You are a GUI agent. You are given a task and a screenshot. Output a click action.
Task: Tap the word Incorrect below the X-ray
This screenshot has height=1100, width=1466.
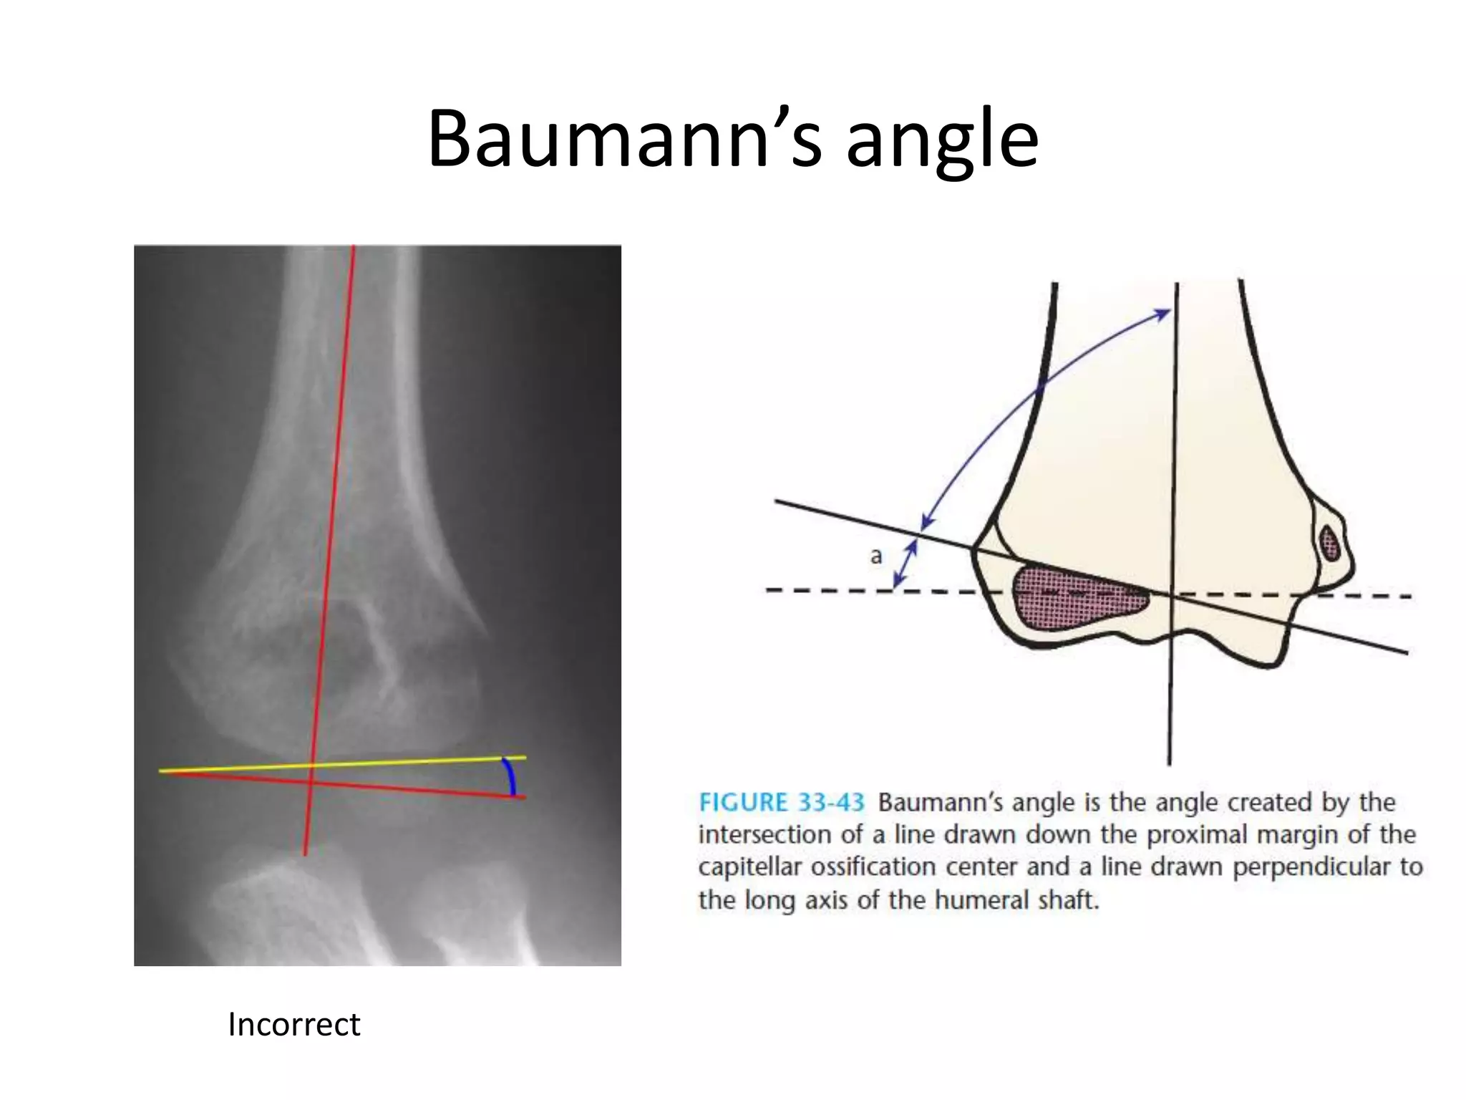click(293, 1024)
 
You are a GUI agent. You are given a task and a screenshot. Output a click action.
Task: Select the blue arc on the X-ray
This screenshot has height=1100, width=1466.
click(510, 776)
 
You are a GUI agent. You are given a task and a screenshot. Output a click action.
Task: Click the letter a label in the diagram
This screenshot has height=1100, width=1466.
click(876, 556)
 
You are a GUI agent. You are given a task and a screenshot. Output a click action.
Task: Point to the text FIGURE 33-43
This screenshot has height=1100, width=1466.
click(781, 802)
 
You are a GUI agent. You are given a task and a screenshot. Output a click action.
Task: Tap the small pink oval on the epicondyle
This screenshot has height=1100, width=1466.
click(1330, 543)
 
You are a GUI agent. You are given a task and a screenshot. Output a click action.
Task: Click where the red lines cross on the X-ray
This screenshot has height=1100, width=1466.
click(310, 781)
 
